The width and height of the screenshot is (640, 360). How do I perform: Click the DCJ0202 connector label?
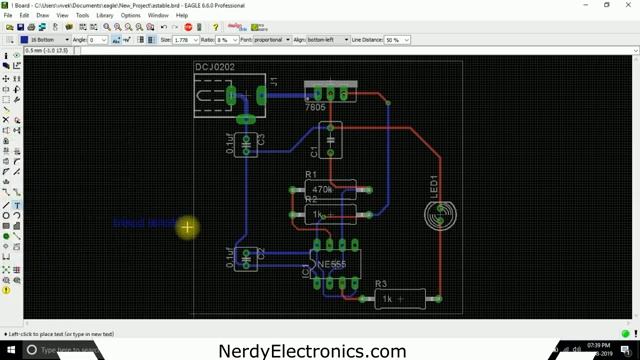click(216, 68)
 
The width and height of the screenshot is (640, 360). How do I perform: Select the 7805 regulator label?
click(316, 107)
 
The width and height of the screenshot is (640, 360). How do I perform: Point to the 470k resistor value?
click(322, 189)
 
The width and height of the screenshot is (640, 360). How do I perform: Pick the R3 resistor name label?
click(381, 285)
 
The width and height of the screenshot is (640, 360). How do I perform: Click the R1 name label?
click(310, 177)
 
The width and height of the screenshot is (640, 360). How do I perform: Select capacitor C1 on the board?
click(330, 141)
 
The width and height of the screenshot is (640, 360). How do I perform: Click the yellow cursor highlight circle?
click(187, 228)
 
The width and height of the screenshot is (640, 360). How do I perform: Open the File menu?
click(8, 16)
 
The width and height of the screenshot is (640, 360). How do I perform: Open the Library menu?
click(104, 16)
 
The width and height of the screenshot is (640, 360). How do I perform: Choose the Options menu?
click(131, 16)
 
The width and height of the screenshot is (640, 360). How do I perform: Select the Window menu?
click(158, 16)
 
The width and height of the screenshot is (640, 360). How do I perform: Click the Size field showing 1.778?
click(186, 40)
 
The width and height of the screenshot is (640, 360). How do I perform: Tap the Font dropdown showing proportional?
click(268, 40)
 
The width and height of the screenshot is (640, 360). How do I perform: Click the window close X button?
click(629, 5)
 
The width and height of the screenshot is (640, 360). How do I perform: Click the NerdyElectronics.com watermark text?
click(312, 351)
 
